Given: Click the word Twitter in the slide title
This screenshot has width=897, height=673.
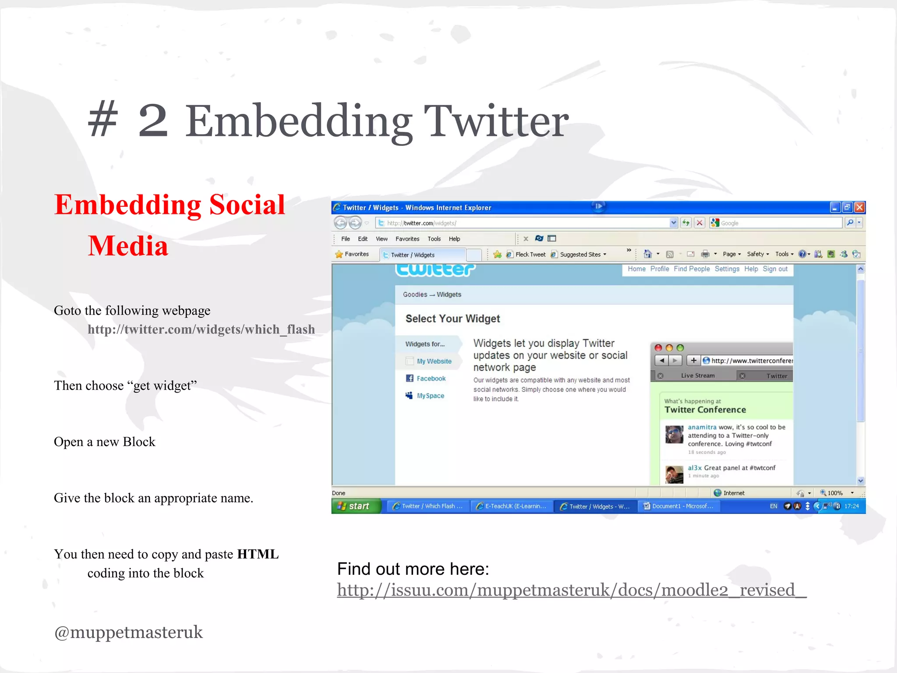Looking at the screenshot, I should (496, 121).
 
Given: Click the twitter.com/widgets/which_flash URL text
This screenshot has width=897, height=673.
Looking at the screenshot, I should (201, 329).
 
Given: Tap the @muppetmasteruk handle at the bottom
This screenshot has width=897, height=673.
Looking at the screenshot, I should (128, 632).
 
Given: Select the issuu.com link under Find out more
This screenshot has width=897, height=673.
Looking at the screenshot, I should (571, 590).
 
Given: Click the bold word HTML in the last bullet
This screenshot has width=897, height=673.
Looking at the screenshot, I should (258, 554).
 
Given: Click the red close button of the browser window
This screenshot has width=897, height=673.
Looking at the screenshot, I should (859, 207).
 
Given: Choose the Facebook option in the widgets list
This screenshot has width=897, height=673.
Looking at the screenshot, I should (431, 379).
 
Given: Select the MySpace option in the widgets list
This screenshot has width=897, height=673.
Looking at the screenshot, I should (430, 396).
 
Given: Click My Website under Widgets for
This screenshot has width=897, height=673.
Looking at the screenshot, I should (434, 361).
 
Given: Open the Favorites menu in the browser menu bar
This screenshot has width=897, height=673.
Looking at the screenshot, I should (407, 239).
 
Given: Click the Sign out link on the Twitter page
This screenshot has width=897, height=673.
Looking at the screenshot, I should (775, 269).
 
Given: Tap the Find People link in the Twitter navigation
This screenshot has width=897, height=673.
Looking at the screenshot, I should (692, 269).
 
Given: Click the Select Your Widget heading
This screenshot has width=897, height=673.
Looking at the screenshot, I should (452, 319).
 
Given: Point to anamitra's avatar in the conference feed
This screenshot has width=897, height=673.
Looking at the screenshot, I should (674, 435).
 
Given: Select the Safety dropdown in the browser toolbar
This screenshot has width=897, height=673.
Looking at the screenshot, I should (757, 254).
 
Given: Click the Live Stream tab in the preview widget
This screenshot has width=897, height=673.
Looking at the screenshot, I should (697, 375).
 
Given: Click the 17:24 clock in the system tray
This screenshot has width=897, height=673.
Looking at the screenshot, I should (851, 506).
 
